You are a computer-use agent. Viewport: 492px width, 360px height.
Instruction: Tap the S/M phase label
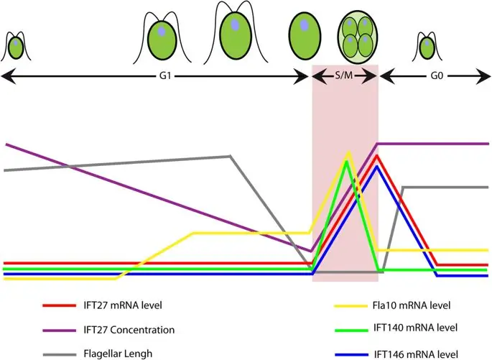point(346,75)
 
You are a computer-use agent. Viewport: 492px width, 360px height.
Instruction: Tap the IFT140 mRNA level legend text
point(415,328)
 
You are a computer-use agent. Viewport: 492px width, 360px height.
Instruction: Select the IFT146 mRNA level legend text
point(415,354)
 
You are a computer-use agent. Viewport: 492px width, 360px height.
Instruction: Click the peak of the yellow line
point(348,152)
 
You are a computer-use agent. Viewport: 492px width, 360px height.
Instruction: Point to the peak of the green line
point(346,162)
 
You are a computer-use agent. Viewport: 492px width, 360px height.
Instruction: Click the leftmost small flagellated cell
point(16,47)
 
